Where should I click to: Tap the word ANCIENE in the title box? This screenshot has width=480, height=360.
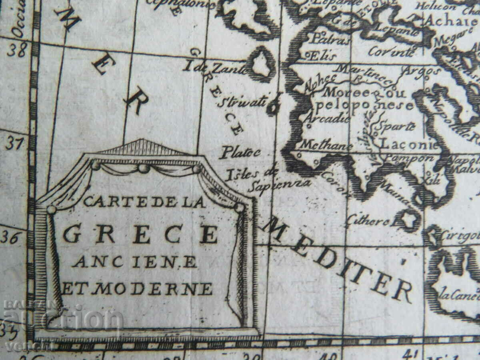[135, 262]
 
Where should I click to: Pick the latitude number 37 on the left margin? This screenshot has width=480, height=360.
[14, 143]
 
